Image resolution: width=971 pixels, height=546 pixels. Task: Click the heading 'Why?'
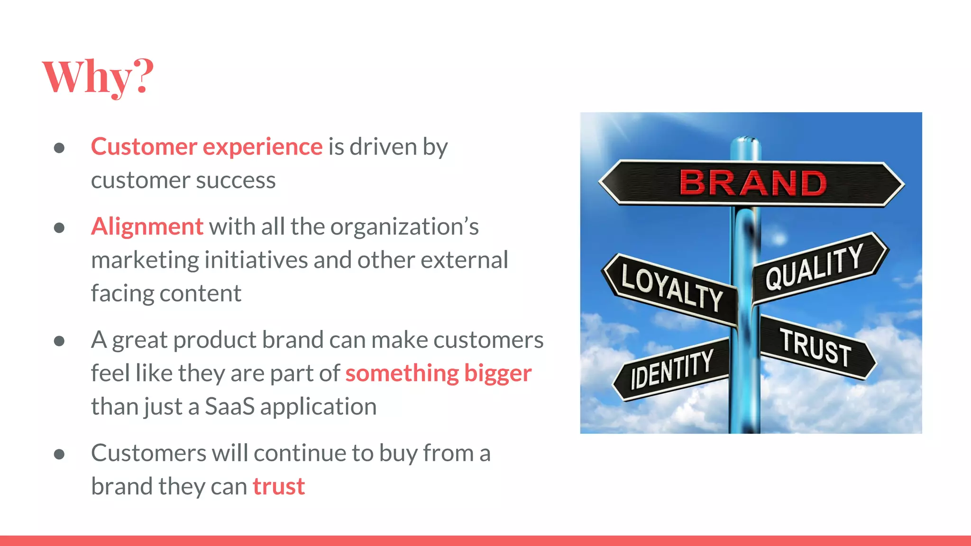(98, 77)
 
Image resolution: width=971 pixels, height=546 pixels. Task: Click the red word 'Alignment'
(147, 227)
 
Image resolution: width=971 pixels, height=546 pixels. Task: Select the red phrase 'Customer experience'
(207, 146)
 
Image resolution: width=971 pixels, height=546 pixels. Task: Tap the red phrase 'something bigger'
(438, 373)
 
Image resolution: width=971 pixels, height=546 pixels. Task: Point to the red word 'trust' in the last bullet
(278, 487)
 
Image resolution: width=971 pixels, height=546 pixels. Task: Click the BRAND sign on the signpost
(752, 183)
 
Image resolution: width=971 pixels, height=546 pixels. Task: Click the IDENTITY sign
(672, 369)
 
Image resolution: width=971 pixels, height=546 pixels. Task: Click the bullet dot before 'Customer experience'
(59, 148)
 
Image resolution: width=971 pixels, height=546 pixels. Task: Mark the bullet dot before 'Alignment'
(59, 228)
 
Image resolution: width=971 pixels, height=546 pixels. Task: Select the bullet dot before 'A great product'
(59, 341)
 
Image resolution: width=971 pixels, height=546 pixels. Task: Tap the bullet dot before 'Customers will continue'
(59, 455)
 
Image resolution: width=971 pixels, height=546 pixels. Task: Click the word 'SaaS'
(229, 407)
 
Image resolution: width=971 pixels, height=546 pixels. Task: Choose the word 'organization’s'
(404, 227)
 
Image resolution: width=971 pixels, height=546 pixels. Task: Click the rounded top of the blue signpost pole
(746, 141)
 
